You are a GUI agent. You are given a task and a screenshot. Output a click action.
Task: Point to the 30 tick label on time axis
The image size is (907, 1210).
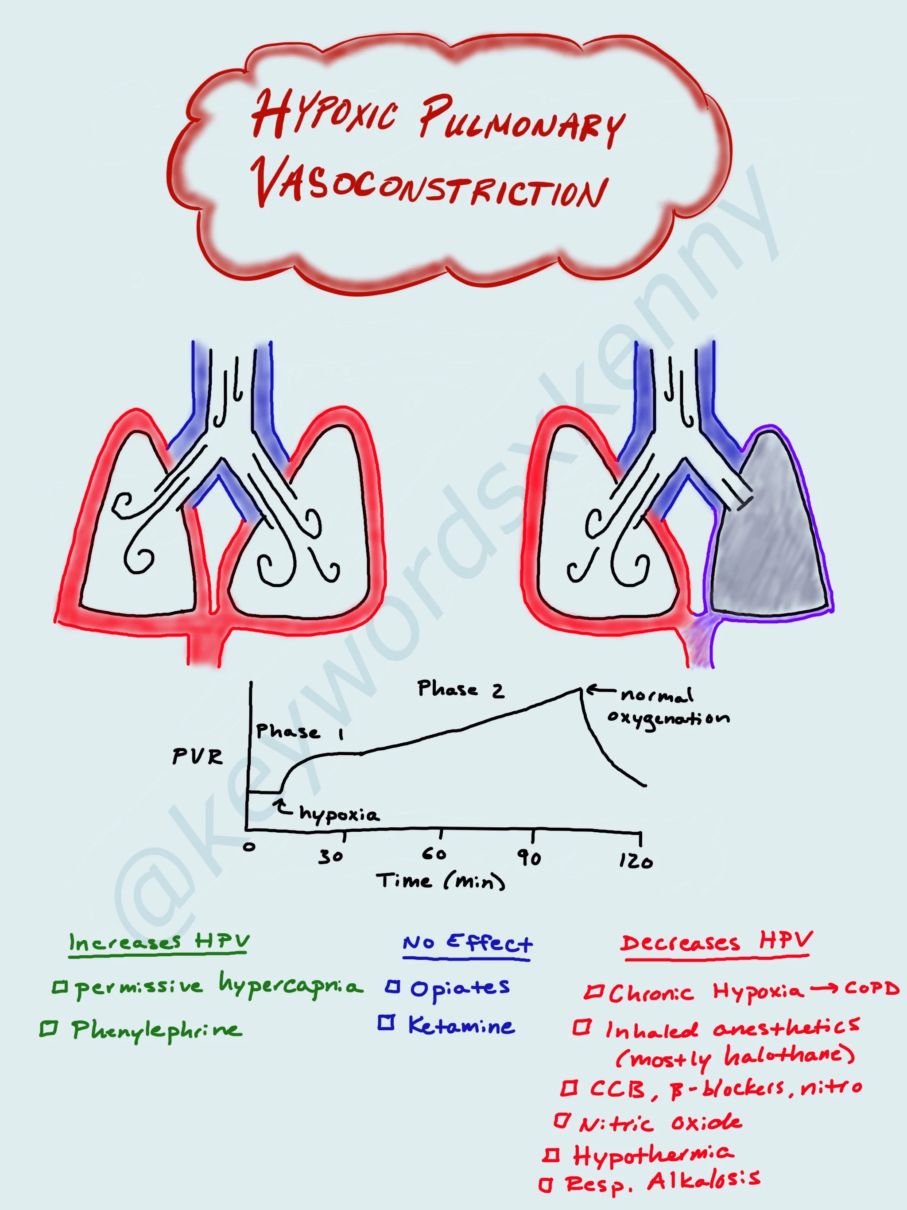[x=331, y=857]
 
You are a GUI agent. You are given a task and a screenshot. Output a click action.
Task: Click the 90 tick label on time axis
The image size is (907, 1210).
[x=530, y=858]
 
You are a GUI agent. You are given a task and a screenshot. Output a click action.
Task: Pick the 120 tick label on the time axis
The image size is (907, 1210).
[x=636, y=862]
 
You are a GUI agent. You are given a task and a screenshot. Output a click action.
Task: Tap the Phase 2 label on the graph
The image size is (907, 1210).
[x=461, y=689]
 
